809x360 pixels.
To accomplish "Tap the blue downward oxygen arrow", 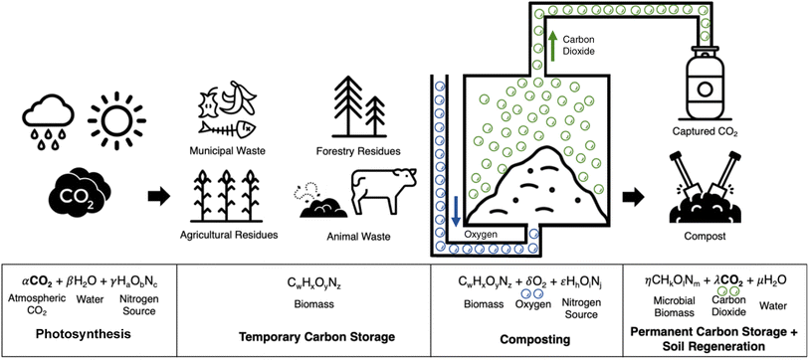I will pyautogui.click(x=455, y=210).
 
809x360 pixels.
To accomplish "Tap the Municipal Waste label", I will pyautogui.click(x=228, y=152).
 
